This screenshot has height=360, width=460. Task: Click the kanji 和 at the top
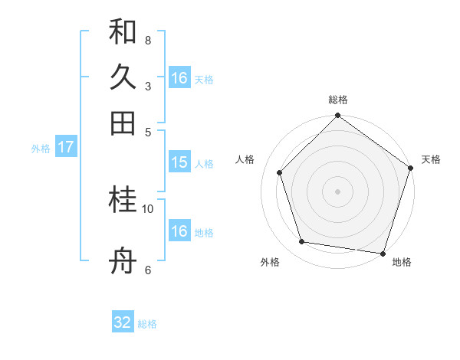123,32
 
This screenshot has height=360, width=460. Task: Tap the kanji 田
123,123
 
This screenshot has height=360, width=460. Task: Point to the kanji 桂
123,201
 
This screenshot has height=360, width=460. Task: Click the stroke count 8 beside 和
148,40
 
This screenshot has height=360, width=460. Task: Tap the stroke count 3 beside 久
148,86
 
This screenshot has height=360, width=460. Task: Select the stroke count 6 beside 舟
148,270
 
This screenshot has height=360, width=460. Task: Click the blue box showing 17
65,147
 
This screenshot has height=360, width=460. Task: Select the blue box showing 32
123,323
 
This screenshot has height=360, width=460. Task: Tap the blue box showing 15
179,162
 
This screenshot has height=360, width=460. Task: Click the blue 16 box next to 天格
179,78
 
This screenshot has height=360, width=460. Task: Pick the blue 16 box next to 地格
179,231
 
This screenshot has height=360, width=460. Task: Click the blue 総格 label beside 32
147,324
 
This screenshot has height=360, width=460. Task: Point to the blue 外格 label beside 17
41,148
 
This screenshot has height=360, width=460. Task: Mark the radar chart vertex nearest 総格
337,116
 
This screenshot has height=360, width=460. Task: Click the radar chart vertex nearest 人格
280,172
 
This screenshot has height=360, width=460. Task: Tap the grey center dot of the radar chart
337,191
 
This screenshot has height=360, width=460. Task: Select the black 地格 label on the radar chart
402,262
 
